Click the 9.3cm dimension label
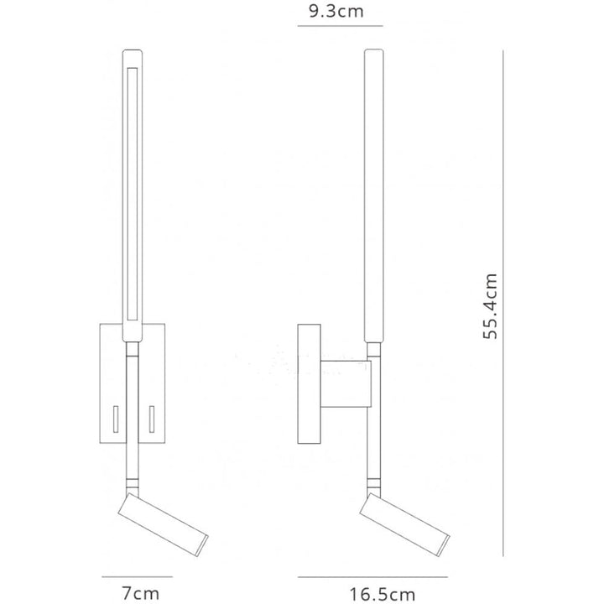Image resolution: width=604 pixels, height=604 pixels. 336,12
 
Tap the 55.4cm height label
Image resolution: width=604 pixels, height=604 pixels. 490,306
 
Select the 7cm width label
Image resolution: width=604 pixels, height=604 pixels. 140,593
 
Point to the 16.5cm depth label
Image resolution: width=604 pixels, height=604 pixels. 383,595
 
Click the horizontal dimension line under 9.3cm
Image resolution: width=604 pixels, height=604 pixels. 340,26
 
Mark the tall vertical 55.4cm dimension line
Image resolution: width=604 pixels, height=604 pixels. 502,303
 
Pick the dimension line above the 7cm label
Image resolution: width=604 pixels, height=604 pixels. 137,576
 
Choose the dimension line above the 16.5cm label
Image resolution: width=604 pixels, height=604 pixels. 372,577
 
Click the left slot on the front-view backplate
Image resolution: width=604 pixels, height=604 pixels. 116,419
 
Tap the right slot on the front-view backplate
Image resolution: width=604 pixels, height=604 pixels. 152,419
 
